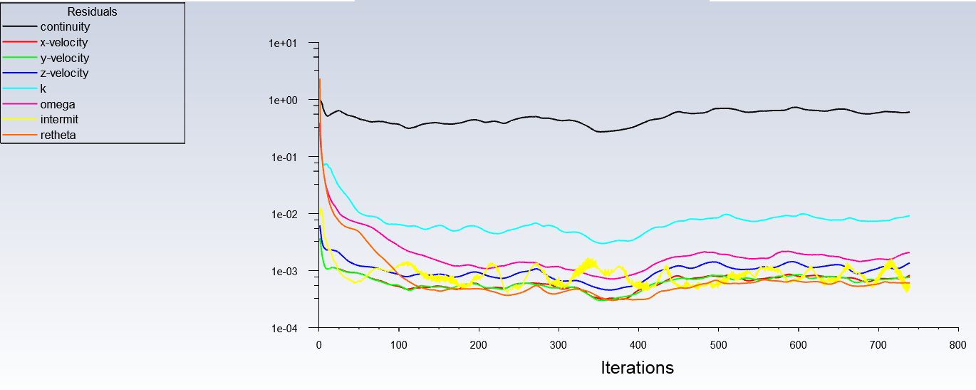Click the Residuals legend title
tap(93, 11)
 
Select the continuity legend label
tap(65, 27)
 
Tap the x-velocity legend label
tap(64, 43)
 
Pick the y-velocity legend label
tap(64, 58)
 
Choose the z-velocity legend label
tap(64, 73)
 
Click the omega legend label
tap(58, 105)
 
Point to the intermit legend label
tap(59, 120)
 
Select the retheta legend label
tap(58, 135)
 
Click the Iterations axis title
tap(638, 368)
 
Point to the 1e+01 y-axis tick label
tap(282, 43)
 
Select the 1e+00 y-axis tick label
tap(282, 100)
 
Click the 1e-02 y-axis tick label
tap(283, 214)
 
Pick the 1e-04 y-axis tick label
tap(283, 328)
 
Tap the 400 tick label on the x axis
tap(638, 344)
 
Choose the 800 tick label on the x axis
tap(958, 344)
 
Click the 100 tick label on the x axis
tap(399, 344)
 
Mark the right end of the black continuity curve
tap(909, 112)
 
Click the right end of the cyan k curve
tap(909, 216)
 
